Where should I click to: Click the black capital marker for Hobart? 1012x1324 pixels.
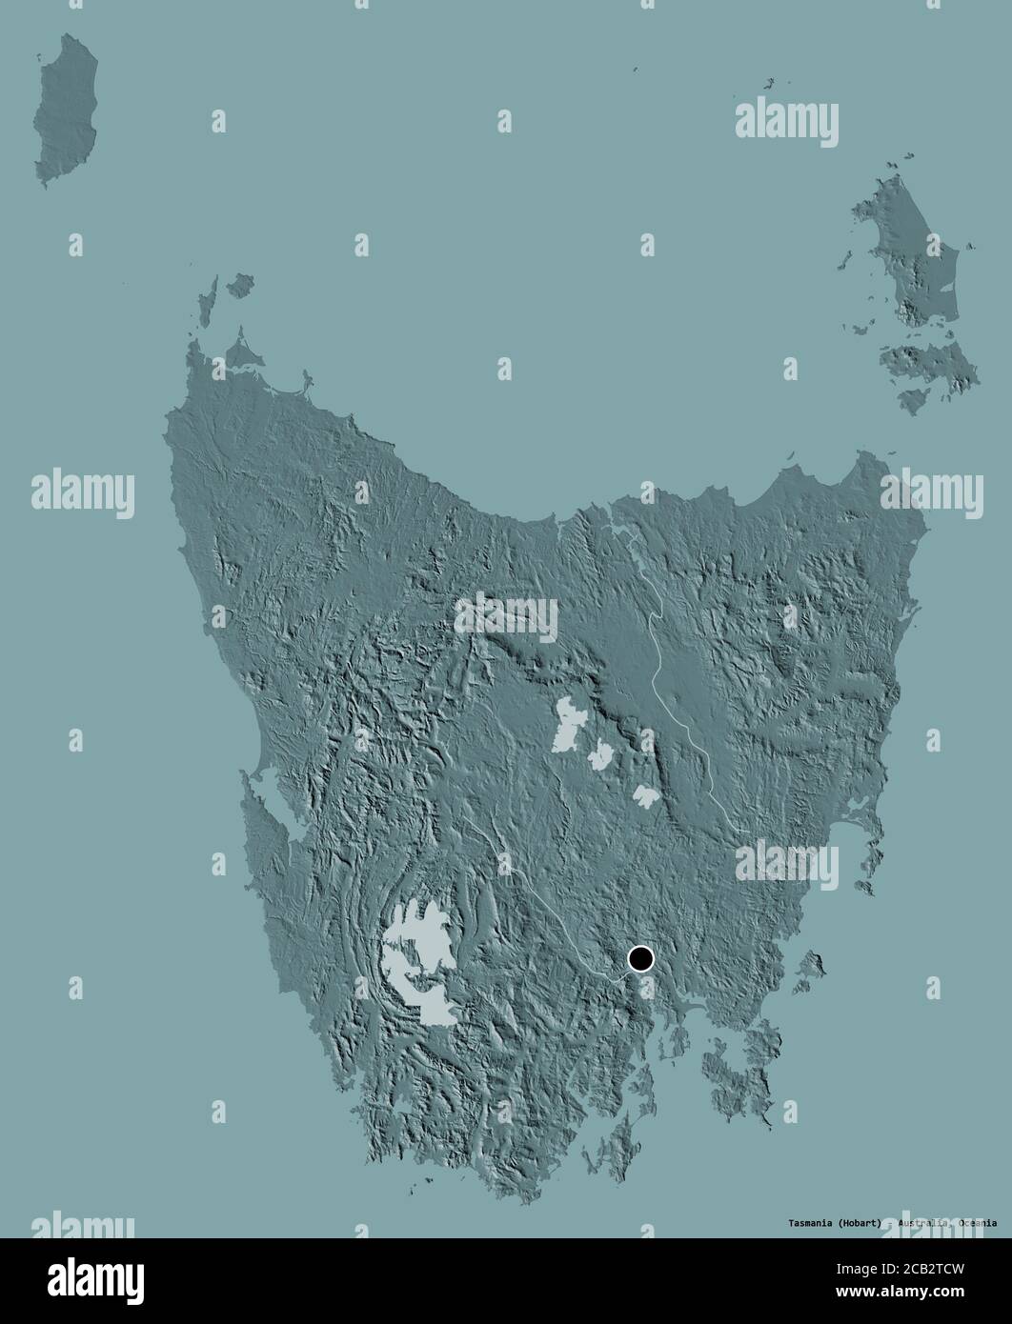pyautogui.click(x=640, y=957)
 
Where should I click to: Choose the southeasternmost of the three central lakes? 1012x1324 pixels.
pyautogui.click(x=645, y=795)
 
